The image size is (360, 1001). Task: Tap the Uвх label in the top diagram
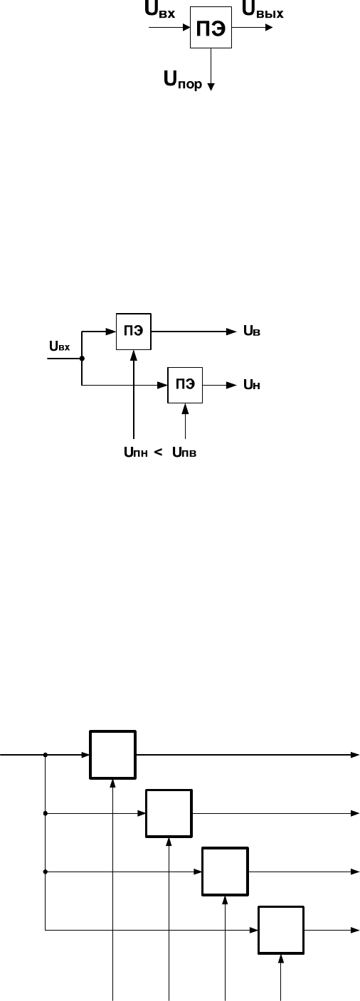tap(160, 10)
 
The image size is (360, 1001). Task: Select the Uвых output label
tap(263, 10)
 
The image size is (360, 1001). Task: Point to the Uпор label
tap(183, 80)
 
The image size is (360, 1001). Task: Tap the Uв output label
tap(252, 331)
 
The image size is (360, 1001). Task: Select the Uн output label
tap(252, 385)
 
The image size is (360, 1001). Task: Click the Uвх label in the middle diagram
tap(59, 346)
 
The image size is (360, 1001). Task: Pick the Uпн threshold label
tap(135, 452)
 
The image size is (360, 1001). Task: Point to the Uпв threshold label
tap(184, 452)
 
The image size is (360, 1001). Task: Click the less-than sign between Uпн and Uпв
tap(158, 452)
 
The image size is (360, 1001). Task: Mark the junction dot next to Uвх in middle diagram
tap(82, 359)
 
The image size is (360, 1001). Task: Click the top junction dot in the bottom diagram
tap(45, 755)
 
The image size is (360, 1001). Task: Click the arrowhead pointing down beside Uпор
tap(211, 87)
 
